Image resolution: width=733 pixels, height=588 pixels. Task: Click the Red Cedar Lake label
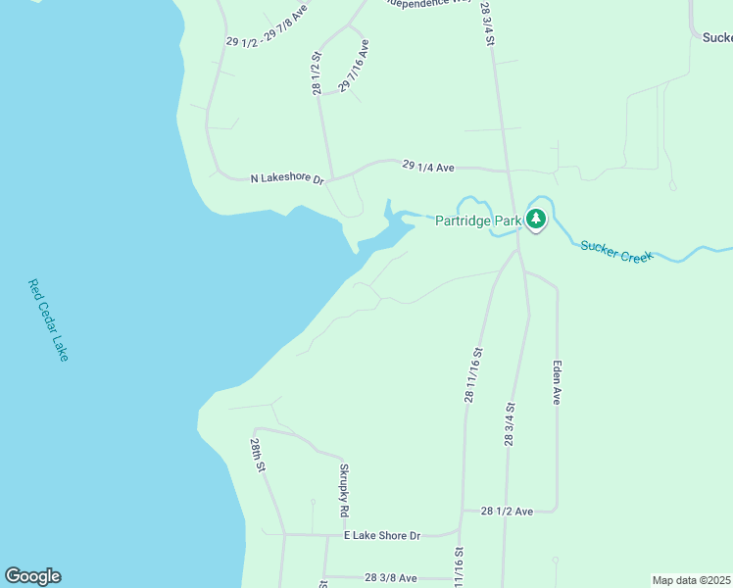click(48, 320)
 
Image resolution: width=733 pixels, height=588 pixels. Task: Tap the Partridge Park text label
click(478, 220)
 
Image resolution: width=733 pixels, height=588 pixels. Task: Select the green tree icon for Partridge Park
click(535, 220)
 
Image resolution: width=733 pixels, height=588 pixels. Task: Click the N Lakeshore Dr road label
click(287, 178)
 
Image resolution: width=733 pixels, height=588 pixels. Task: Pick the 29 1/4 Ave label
click(428, 167)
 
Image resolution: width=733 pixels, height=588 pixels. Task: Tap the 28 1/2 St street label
click(317, 74)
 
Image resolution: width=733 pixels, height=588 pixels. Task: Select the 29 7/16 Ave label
click(354, 67)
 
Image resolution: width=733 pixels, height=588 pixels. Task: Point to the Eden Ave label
click(556, 382)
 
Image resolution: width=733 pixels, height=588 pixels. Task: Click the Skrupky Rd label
click(344, 490)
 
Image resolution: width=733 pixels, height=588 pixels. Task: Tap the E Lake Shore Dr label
click(381, 536)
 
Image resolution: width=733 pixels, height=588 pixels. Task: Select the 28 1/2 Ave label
click(507, 512)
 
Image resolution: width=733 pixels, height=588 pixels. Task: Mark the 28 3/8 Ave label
click(390, 578)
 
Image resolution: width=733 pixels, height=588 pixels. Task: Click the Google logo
click(32, 576)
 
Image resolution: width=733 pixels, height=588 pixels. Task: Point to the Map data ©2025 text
click(692, 580)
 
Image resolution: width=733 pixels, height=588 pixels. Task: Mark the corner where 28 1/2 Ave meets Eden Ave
click(557, 510)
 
